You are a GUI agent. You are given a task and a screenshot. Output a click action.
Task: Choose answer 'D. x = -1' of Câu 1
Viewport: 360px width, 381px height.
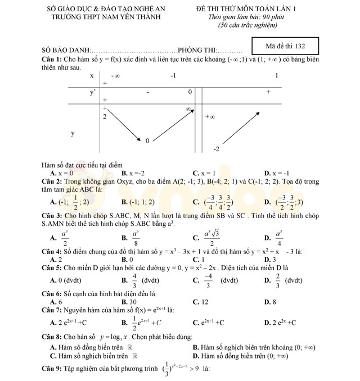pyautogui.click(x=276, y=173)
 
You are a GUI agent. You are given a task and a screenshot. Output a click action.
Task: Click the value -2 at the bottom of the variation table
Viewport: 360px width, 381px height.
pyautogui.click(x=216, y=149)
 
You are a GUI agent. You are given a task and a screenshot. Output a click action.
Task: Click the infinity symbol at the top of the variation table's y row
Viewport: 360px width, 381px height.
pyautogui.click(x=188, y=108)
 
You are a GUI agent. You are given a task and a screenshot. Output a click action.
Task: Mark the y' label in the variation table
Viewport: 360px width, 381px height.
pyautogui.click(x=93, y=91)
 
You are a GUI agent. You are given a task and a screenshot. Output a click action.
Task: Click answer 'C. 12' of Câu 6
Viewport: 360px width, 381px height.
pyautogui.click(x=200, y=302)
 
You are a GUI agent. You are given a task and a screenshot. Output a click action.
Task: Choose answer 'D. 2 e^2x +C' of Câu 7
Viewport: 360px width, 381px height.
pyautogui.click(x=280, y=323)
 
